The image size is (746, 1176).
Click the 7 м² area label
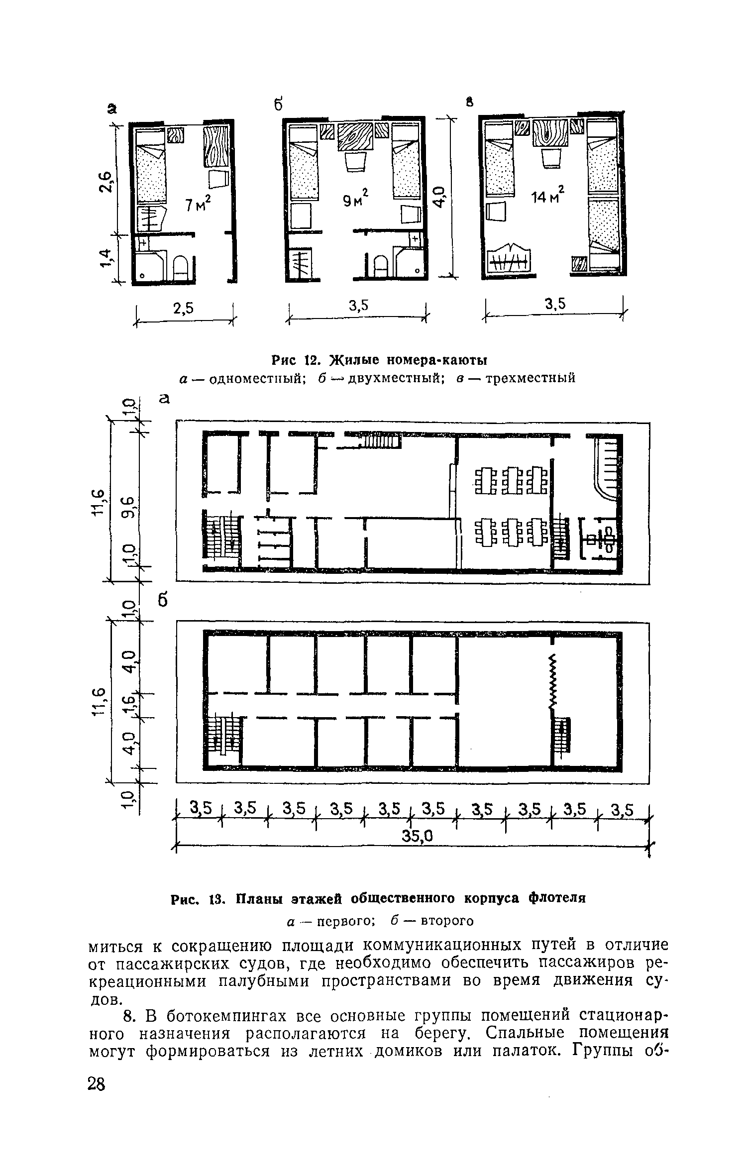pos(198,203)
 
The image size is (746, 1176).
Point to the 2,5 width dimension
pos(183,309)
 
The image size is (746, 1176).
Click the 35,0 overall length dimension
pos(419,838)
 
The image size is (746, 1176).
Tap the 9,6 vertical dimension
pos(128,507)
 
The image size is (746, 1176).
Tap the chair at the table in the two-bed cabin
pos(354,162)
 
